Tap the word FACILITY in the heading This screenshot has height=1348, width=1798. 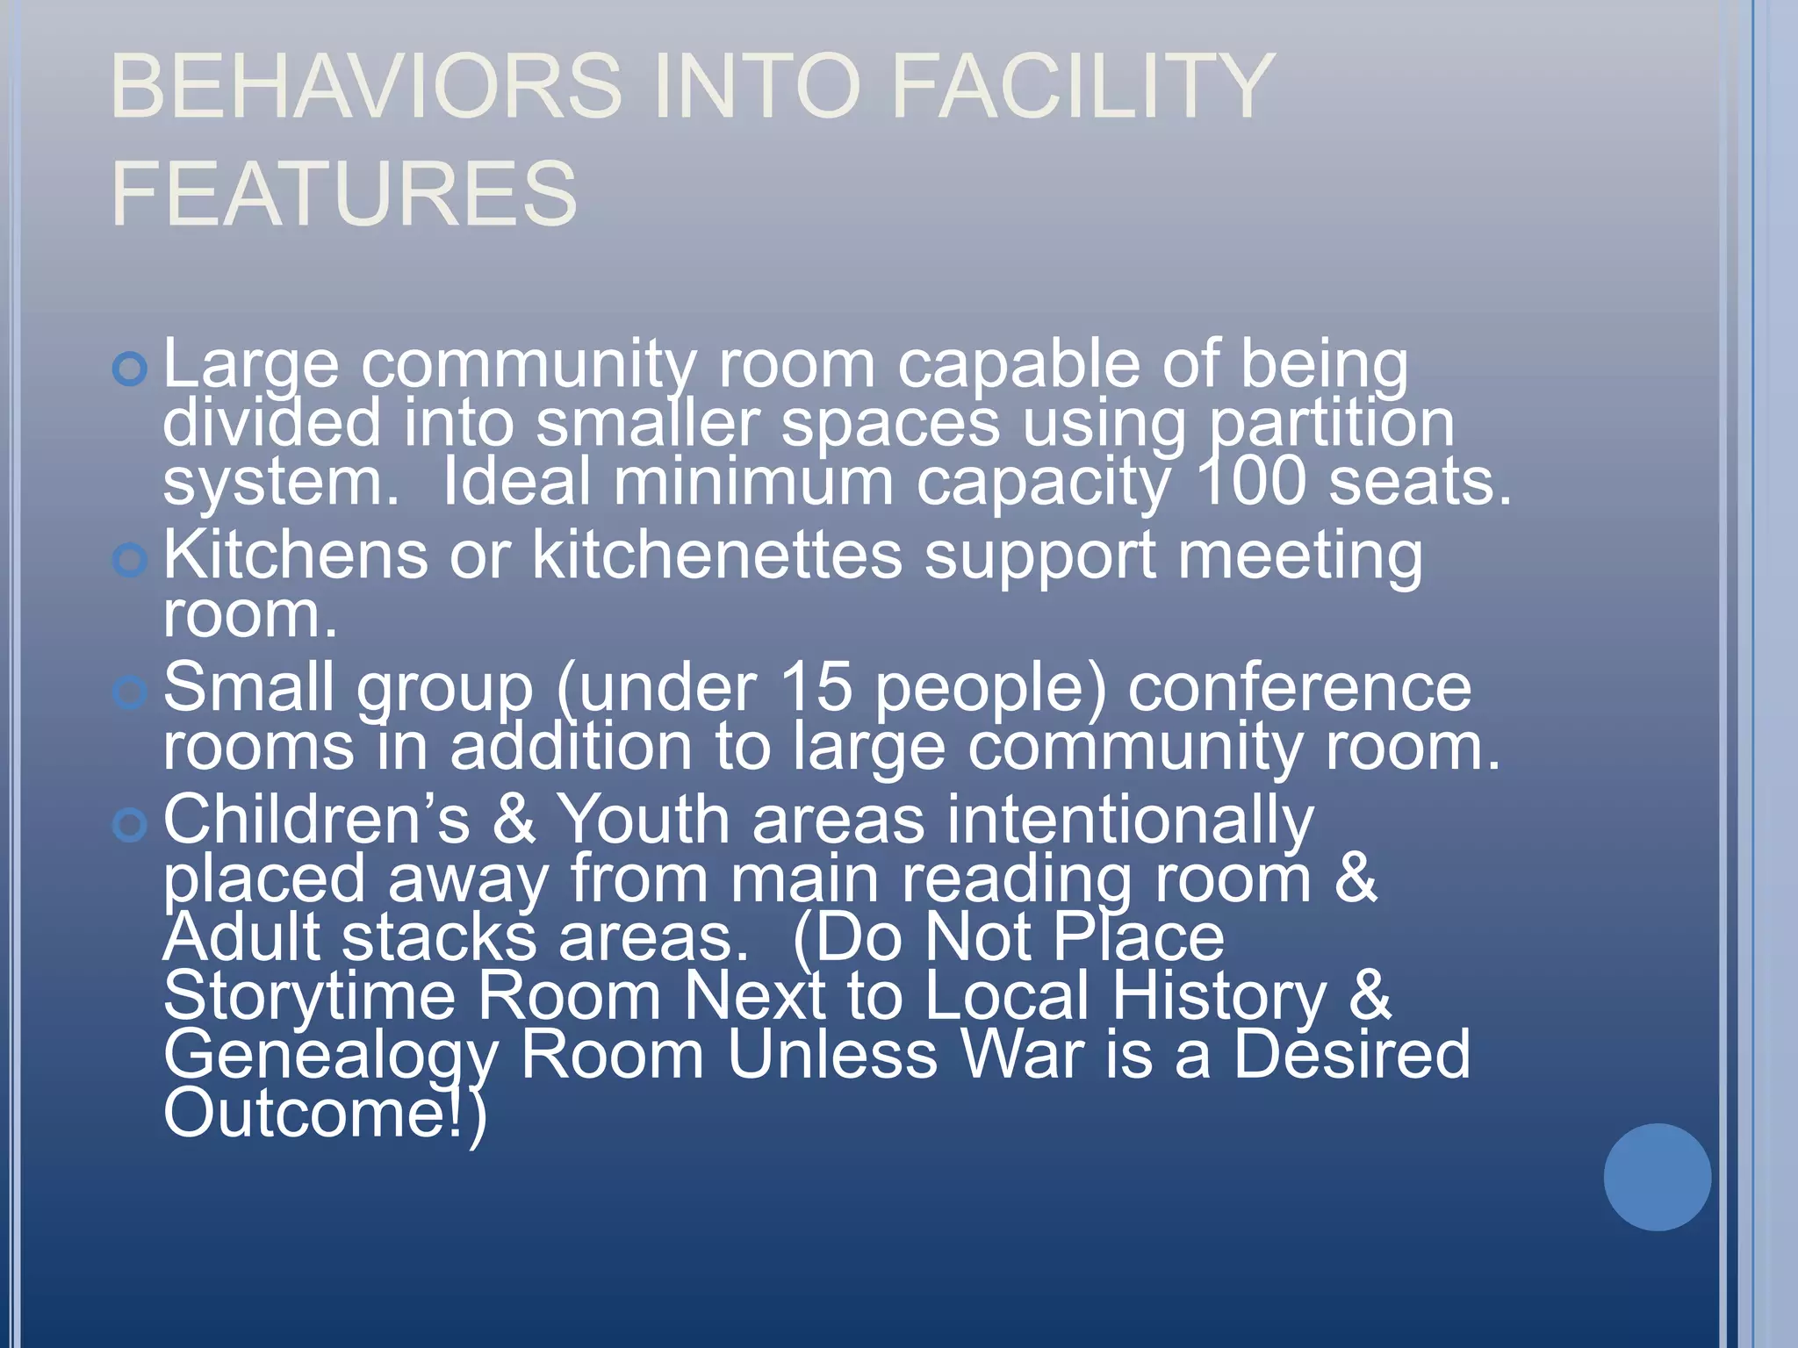[1082, 86]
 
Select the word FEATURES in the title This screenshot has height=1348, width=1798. [344, 193]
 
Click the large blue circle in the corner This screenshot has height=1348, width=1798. [1657, 1177]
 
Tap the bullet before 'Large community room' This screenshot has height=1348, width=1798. [130, 369]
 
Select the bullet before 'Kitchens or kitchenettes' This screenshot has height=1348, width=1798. [130, 559]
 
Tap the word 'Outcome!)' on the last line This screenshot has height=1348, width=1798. [325, 1115]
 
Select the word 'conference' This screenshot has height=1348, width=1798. [1299, 687]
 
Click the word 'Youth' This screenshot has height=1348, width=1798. [644, 821]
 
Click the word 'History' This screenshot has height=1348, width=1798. [1219, 997]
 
